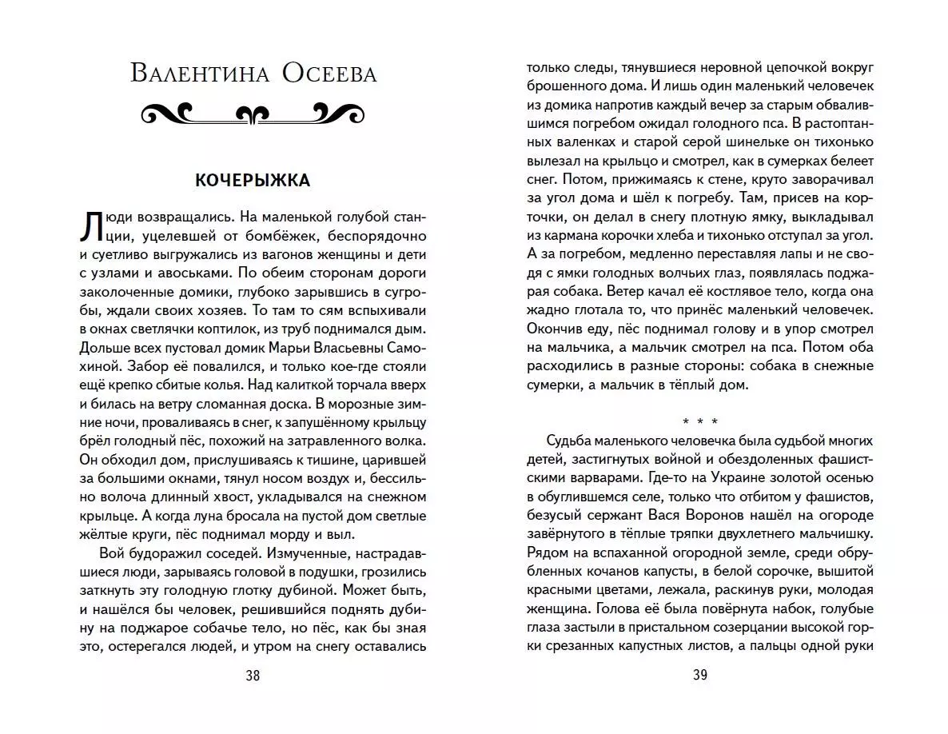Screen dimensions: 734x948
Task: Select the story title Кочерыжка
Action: point(253,181)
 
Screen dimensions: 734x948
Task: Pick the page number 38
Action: point(253,676)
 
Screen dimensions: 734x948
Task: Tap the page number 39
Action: point(700,676)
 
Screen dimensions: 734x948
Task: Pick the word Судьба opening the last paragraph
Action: point(570,441)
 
